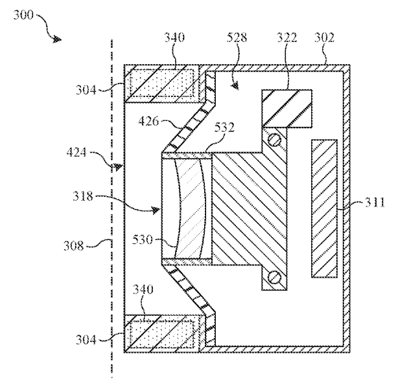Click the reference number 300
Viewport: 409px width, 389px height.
pos(23,15)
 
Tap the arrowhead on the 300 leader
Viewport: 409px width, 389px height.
pos(57,39)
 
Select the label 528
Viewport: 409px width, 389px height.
pos(237,38)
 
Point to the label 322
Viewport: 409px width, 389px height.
pos(286,38)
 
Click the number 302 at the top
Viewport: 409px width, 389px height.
pos(324,38)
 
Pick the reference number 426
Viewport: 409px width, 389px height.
pos(148,121)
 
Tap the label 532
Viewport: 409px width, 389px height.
pos(224,128)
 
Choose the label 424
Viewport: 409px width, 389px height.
pos(76,152)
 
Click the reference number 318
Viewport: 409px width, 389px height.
pos(83,196)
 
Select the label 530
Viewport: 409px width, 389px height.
pos(142,239)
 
